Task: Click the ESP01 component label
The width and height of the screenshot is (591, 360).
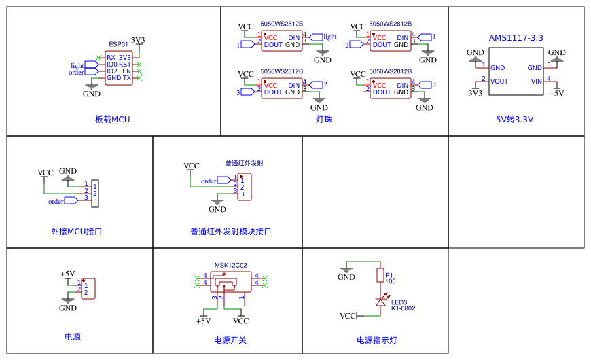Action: click(x=118, y=44)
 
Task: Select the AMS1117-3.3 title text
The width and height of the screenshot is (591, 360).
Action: click(x=516, y=38)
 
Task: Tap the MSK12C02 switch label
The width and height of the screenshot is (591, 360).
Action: click(x=231, y=266)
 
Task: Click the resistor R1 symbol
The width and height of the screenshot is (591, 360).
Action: click(x=380, y=275)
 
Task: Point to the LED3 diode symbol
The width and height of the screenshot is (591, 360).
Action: click(x=380, y=302)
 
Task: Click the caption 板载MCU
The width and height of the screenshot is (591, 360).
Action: click(x=112, y=120)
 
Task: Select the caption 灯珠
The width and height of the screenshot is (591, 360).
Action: click(x=324, y=120)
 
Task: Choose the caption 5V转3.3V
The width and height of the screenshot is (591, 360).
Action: click(x=514, y=120)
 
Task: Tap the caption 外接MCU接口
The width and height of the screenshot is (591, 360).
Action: click(x=76, y=232)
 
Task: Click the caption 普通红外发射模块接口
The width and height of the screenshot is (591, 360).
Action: click(x=231, y=232)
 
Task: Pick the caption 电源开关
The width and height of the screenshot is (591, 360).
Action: click(x=230, y=340)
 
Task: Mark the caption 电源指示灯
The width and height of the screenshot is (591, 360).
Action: click(x=377, y=340)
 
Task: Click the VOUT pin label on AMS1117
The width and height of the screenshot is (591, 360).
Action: click(x=499, y=82)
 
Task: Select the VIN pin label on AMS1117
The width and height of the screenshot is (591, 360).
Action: click(x=536, y=82)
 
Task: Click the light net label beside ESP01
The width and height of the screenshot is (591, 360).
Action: click(x=77, y=66)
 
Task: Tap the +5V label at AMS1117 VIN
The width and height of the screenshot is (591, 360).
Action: click(x=556, y=93)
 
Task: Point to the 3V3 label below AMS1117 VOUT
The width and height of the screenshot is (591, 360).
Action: click(x=476, y=93)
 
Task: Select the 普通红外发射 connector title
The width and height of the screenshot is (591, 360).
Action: click(x=244, y=164)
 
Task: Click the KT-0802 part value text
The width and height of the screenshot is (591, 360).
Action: click(x=403, y=308)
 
